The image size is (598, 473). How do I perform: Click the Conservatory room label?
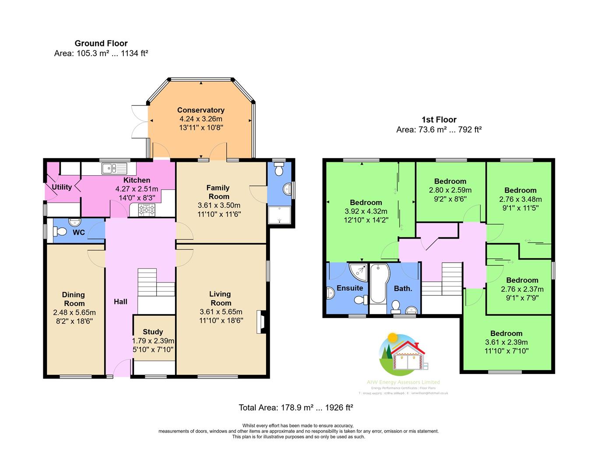click(201, 110)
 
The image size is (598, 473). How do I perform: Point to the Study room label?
click(153, 332)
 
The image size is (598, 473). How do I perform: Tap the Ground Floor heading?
click(101, 43)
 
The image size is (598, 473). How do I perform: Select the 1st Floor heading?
click(439, 120)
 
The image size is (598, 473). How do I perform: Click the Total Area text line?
click(295, 407)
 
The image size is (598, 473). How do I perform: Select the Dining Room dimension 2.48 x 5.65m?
click(74, 312)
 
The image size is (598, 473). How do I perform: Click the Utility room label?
click(62, 187)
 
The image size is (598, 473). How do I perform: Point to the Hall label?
click(120, 301)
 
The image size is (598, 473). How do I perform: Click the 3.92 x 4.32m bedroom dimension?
click(366, 211)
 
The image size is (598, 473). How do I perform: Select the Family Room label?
click(218, 192)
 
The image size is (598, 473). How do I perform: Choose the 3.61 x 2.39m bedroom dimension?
click(506, 342)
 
